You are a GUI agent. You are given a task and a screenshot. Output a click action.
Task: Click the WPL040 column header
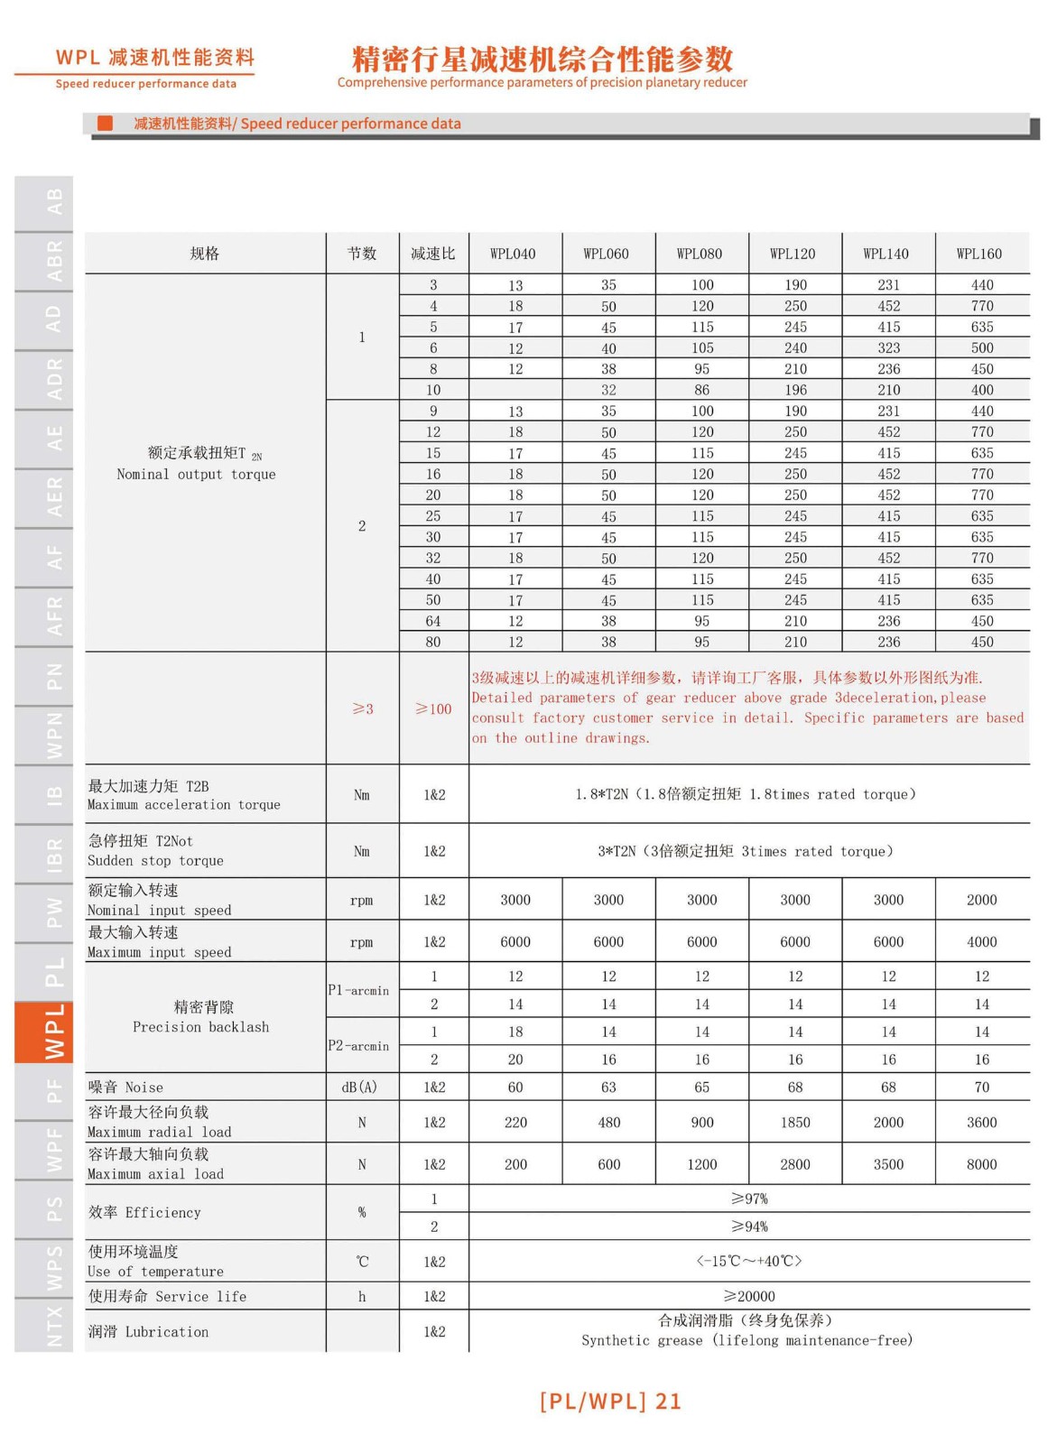tap(513, 254)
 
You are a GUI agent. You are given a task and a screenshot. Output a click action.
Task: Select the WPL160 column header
tap(979, 254)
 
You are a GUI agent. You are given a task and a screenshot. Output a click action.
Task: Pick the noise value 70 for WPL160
tap(981, 1087)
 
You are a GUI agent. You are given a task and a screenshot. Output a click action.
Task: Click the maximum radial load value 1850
tap(795, 1122)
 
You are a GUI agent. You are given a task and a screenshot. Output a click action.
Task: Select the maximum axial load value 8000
tap(981, 1164)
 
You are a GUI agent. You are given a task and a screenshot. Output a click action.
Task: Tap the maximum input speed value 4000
tap(981, 941)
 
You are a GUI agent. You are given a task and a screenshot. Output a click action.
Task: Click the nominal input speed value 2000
tap(981, 900)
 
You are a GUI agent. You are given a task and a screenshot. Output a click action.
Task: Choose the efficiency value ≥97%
tap(749, 1199)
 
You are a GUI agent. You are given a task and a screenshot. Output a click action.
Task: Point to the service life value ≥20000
tap(749, 1296)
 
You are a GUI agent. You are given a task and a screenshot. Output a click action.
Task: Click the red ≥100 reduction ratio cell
tap(433, 709)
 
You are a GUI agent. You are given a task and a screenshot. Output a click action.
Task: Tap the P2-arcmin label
tap(358, 1046)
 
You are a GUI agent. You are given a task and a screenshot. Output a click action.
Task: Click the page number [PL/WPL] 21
tap(610, 1401)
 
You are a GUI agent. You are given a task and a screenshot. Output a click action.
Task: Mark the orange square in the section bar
tap(106, 123)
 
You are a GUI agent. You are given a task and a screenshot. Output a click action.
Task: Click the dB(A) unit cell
tap(360, 1087)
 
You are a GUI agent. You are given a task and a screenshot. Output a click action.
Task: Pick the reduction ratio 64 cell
tap(433, 621)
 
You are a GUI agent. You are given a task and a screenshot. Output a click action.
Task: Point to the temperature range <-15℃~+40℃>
tap(749, 1261)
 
